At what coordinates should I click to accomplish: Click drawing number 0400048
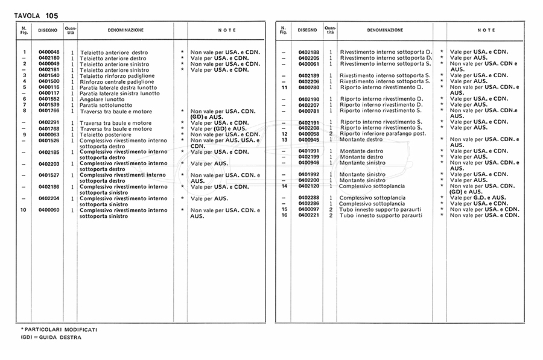(49, 52)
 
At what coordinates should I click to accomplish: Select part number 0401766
(49, 111)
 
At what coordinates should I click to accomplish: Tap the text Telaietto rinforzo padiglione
(117, 75)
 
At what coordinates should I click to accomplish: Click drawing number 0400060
(49, 210)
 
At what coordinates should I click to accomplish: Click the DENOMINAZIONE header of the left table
(125, 30)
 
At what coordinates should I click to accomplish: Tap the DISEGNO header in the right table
(307, 30)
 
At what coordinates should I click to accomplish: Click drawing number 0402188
(308, 52)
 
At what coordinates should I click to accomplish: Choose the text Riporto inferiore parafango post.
(383, 133)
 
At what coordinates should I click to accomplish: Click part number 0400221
(308, 215)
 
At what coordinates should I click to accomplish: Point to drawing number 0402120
(308, 186)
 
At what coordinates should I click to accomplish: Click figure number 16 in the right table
(284, 215)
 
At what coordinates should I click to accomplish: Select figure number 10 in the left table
(23, 210)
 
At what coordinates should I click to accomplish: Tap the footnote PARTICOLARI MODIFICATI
(61, 330)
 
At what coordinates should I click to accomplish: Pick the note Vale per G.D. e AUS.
(477, 198)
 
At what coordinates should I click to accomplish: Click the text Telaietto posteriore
(106, 134)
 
